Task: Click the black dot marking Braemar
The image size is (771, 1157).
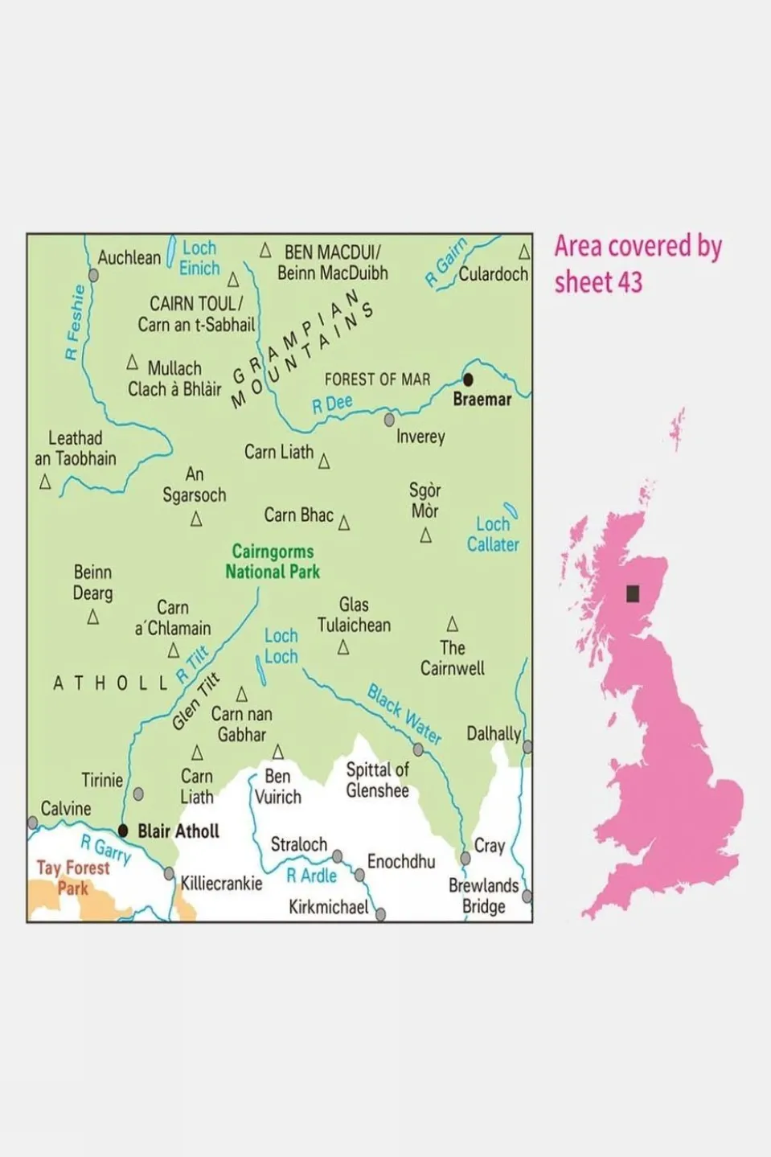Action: point(468,380)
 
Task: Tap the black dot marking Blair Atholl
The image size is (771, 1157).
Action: point(123,831)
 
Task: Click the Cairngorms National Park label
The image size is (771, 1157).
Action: point(273,561)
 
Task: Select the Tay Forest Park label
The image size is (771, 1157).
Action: point(72,877)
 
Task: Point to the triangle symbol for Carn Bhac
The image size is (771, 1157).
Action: point(344,523)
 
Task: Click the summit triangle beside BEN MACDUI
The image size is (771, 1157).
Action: point(265,251)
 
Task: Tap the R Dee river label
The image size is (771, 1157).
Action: point(332,404)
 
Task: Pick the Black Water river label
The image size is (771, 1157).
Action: point(404,714)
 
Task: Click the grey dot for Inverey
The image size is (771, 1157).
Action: point(389,420)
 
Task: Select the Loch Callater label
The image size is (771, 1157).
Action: point(493,534)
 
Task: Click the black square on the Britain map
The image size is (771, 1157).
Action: point(633,593)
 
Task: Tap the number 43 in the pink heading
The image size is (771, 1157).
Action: point(630,282)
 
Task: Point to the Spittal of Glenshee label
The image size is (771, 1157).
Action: point(377,780)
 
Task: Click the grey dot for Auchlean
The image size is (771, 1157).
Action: point(93,275)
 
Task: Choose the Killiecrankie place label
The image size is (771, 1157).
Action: point(221,884)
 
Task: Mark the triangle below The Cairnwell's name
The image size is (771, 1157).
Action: point(453,624)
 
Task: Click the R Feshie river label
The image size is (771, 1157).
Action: point(75,322)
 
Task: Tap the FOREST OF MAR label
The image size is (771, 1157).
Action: point(377,379)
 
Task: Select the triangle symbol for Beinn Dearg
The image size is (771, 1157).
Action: point(93,617)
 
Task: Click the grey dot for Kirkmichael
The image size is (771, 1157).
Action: point(380,914)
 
